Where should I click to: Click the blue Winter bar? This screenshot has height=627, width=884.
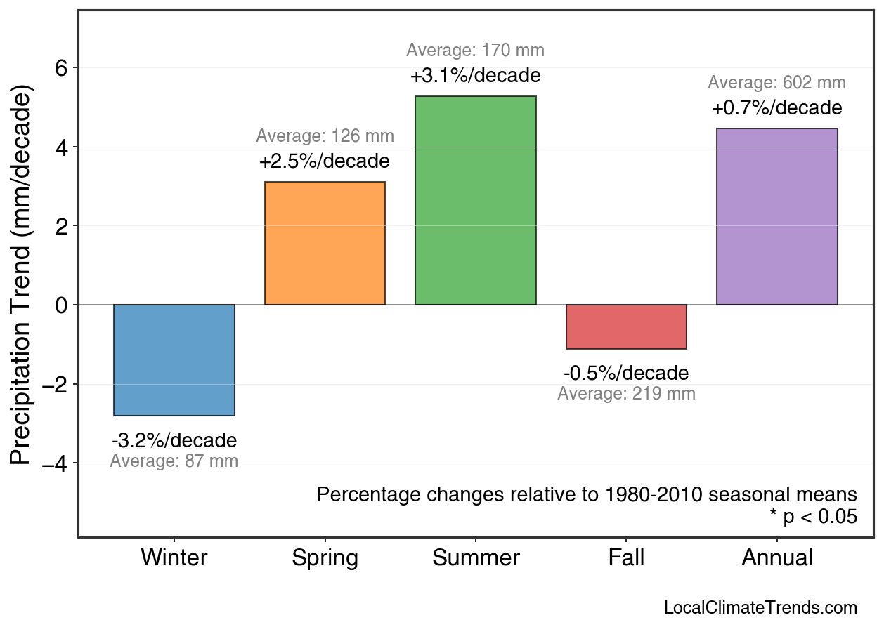174,360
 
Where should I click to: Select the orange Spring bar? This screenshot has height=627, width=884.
325,244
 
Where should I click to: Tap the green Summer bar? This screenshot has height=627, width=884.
476,201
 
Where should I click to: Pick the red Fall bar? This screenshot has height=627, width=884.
626,326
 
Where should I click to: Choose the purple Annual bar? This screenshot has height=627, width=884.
776,217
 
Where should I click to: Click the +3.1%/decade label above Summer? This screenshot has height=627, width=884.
476,75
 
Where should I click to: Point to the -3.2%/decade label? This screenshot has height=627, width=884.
174,441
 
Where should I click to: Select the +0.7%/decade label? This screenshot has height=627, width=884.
776,108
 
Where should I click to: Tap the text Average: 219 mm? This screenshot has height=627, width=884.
626,394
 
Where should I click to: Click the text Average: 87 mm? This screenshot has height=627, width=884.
174,461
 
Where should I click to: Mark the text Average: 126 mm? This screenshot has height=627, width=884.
325,136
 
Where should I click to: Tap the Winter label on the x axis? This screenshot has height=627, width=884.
174,558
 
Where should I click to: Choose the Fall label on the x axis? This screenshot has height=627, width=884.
626,558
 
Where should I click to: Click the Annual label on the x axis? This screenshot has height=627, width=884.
776,558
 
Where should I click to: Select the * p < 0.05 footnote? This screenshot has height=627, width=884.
813,517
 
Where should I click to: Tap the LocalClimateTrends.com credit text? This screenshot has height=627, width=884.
760,608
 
